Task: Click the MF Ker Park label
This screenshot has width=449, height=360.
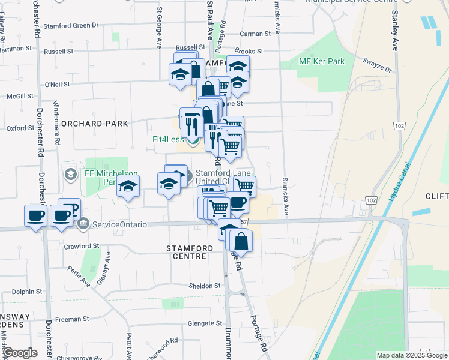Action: click(x=321, y=61)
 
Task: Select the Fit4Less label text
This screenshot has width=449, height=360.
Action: click(x=167, y=140)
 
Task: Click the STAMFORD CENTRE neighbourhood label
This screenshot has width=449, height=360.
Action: click(x=190, y=252)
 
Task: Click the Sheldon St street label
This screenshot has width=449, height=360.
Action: click(x=205, y=286)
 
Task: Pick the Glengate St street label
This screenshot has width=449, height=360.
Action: click(x=205, y=323)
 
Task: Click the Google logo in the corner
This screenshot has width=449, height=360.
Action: click(x=20, y=353)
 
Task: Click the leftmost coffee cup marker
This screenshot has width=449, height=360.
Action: click(x=35, y=215)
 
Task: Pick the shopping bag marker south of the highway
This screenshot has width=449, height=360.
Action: click(x=241, y=241)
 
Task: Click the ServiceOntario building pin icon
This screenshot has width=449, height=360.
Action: click(x=83, y=224)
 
